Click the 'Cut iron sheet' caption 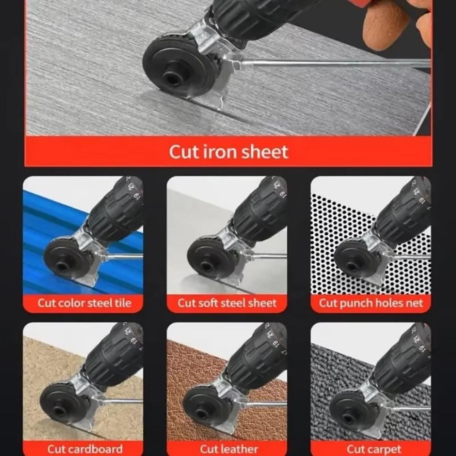click(x=228, y=152)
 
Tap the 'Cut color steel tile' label click(x=84, y=303)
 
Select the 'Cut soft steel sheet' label click(x=227, y=303)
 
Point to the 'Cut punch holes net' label click(x=371, y=303)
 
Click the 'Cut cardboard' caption click(x=85, y=449)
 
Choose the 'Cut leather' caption click(x=229, y=449)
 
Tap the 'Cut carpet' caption click(x=374, y=449)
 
